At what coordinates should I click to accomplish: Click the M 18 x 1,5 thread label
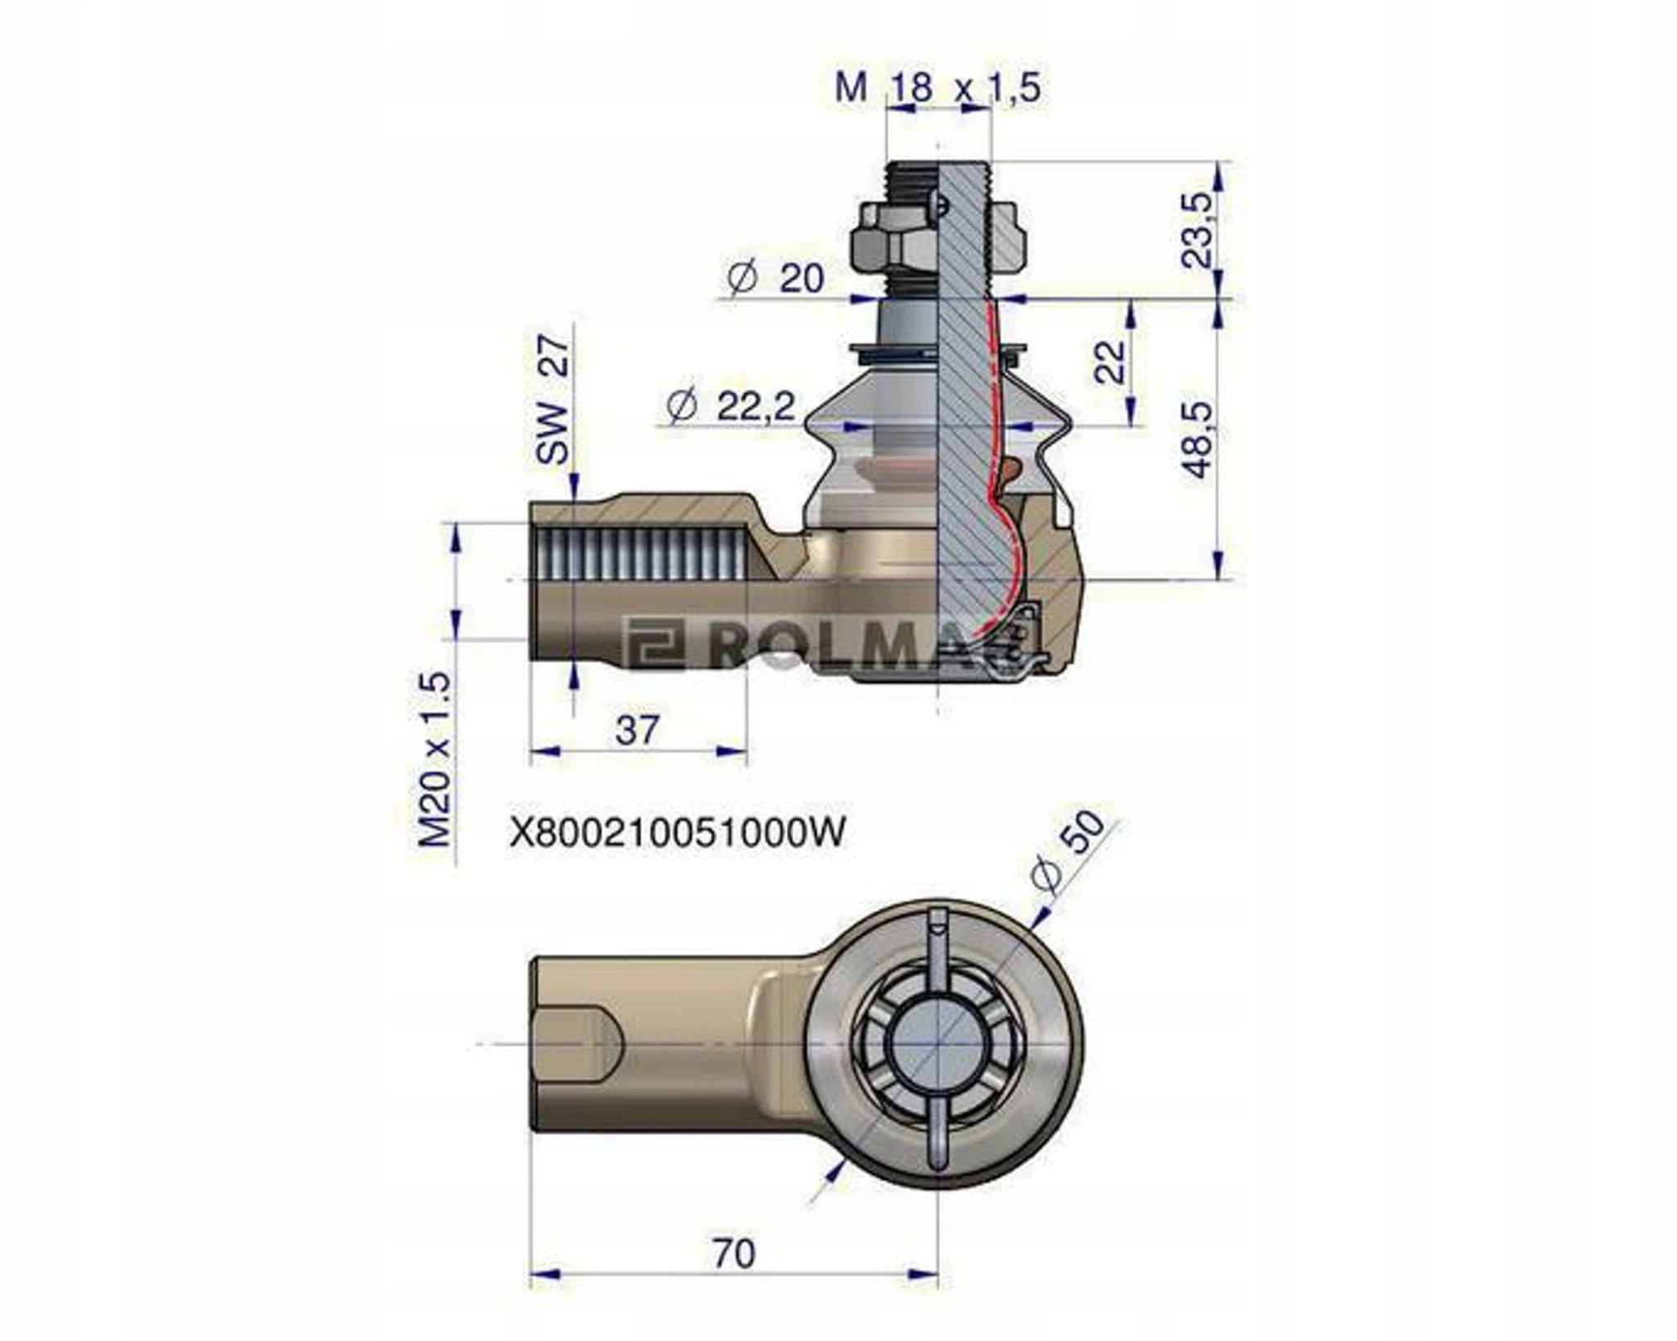pos(938,87)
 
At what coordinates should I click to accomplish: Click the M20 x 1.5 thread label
pos(435,759)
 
